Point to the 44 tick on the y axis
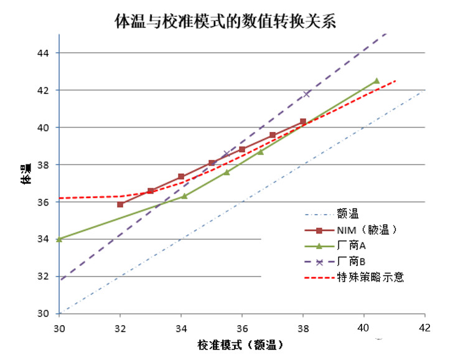(44, 53)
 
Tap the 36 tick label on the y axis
(44, 202)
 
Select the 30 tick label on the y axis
(44, 313)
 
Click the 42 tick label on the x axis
(424, 327)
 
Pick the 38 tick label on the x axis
(302, 327)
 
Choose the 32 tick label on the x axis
(120, 327)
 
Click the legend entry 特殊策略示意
(370, 277)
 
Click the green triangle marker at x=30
(59, 239)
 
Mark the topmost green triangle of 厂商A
(376, 81)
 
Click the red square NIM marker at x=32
(120, 204)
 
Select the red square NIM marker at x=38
(303, 121)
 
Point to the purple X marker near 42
(306, 94)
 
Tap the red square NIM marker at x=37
(273, 135)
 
